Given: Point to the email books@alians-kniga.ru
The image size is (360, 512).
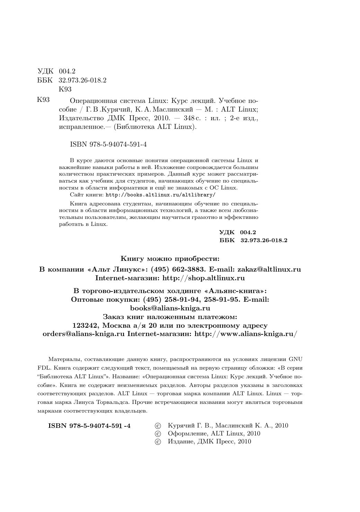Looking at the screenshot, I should pos(170,308).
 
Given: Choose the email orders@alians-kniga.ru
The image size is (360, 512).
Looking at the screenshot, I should pos(83,334).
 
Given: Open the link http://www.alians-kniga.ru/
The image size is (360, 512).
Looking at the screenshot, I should pos(246,334).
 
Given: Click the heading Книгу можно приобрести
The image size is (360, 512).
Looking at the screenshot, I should pos(170,258).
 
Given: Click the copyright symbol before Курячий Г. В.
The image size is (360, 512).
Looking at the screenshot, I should pos(158,426).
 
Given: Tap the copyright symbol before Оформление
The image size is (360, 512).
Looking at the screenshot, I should pos(158,434).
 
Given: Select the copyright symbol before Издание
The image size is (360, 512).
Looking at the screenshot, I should pos(158,442).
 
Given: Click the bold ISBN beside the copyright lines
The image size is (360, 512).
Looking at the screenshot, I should pos(89,426).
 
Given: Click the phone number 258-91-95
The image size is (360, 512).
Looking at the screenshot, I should pos(222,299).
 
